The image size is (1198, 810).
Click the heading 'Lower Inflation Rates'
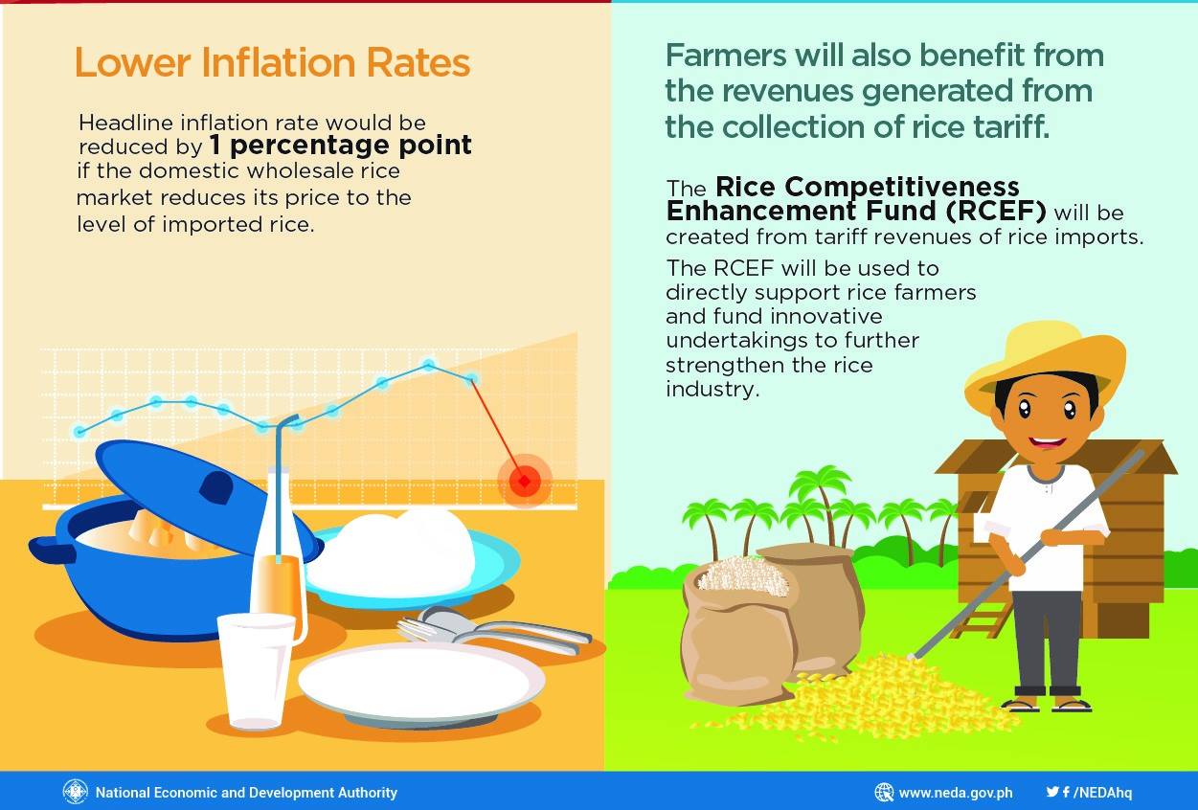(272, 63)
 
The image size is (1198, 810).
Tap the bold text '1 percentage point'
(340, 146)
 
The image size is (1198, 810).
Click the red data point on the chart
(524, 480)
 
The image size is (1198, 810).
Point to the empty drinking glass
(256, 670)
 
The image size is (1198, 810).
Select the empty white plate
(421, 682)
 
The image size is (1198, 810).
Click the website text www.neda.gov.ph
(955, 793)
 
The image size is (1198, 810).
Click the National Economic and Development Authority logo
(75, 792)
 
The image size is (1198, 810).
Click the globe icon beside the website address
(884, 793)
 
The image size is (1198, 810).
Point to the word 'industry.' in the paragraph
(712, 390)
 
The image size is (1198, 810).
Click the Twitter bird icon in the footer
(1052, 792)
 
